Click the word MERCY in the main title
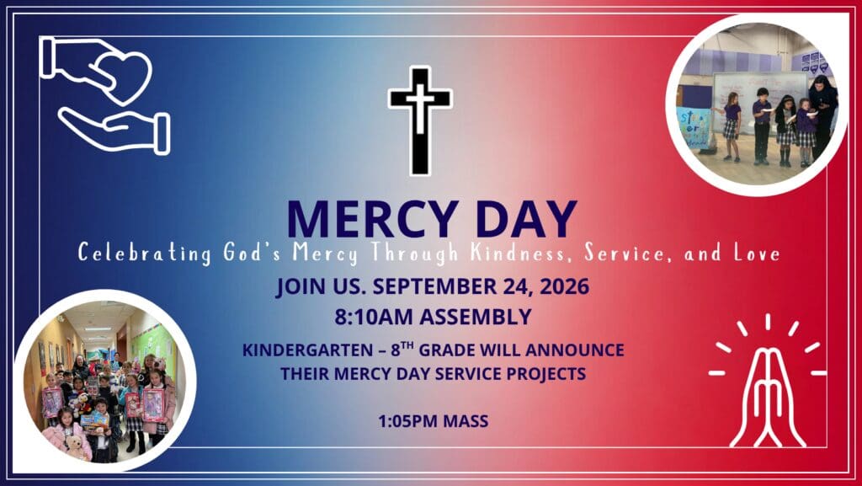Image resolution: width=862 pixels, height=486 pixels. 373,219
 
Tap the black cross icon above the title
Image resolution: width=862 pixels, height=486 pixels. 420,120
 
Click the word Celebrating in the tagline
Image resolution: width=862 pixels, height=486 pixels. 145,253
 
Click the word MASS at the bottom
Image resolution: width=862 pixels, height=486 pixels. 466,422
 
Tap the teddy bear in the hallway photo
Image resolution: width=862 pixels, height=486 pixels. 77,446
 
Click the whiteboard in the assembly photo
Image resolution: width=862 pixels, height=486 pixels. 759,99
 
